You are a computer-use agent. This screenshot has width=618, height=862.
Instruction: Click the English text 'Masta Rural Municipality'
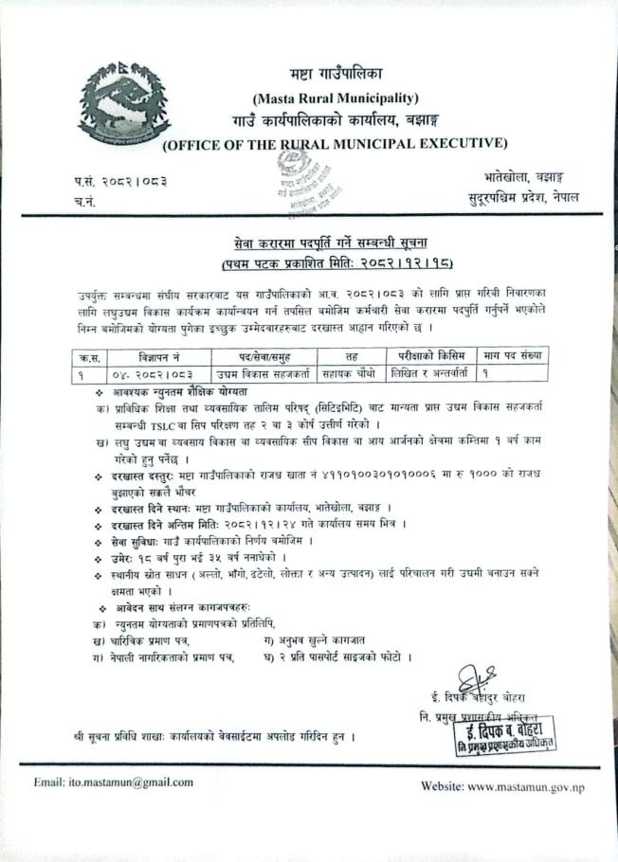(x=336, y=98)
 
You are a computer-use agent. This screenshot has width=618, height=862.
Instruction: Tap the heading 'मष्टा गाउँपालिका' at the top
(x=336, y=74)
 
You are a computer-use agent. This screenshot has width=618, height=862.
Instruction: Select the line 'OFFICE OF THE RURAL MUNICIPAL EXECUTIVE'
(x=335, y=144)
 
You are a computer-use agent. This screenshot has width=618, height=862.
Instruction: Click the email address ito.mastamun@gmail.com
(x=113, y=781)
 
